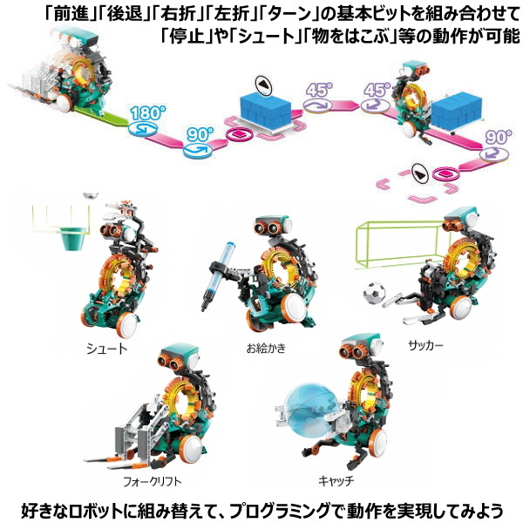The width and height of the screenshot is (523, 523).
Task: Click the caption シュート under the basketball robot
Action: tap(107, 349)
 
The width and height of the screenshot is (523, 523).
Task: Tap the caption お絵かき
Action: tap(266, 348)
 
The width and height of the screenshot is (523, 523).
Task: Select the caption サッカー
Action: tap(426, 345)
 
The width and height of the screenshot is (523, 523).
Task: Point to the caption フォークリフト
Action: tap(152, 482)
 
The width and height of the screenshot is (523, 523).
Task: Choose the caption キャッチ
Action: tap(336, 480)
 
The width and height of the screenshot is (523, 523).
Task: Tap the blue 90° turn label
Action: tap(200, 134)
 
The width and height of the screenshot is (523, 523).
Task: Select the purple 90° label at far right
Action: tap(499, 137)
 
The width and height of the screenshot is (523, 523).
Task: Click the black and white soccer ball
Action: tap(374, 294)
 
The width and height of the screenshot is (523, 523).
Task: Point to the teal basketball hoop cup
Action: tap(73, 238)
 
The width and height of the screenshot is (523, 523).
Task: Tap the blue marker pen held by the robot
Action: tap(219, 276)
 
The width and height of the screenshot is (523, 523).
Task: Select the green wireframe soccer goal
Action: tap(397, 243)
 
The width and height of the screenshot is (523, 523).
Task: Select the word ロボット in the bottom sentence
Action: tap(94, 510)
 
